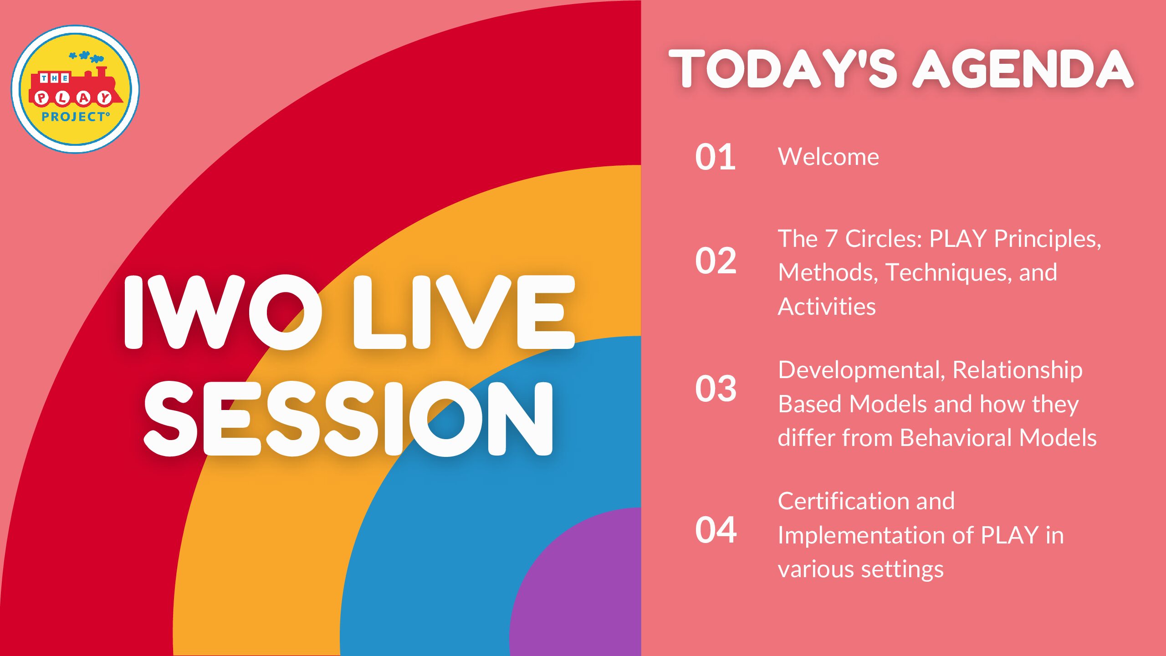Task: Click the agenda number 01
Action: (x=715, y=157)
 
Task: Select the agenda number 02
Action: (x=716, y=261)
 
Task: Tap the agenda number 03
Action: (x=716, y=389)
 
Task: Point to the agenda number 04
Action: (x=716, y=530)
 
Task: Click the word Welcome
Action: (x=828, y=157)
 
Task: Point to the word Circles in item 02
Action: (x=884, y=239)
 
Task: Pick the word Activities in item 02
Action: (x=827, y=307)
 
